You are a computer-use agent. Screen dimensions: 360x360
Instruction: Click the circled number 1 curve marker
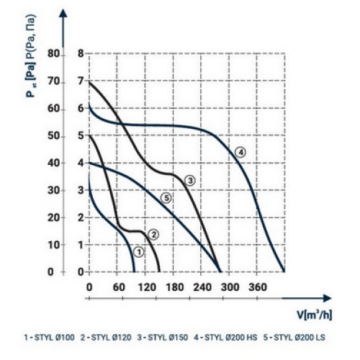[x=139, y=252]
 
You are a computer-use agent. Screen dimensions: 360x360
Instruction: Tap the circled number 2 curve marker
[x=153, y=233]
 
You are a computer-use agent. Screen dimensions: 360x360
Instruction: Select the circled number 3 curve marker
[x=190, y=179]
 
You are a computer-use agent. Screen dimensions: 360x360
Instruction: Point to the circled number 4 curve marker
[x=240, y=152]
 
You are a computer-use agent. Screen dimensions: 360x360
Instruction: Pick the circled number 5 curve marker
[x=166, y=198]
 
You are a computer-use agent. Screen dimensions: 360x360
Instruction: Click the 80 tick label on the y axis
[x=53, y=54]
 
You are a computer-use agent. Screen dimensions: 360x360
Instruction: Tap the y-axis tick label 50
[x=53, y=136]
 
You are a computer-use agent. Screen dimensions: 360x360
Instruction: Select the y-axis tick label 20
[x=53, y=217]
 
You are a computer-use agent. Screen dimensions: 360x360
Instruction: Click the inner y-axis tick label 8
[x=81, y=54]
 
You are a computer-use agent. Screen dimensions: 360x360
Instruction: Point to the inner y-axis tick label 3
[x=81, y=190]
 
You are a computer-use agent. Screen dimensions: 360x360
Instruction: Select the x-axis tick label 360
[x=257, y=287]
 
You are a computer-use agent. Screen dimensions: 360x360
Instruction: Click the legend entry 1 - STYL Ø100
[x=50, y=337]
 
